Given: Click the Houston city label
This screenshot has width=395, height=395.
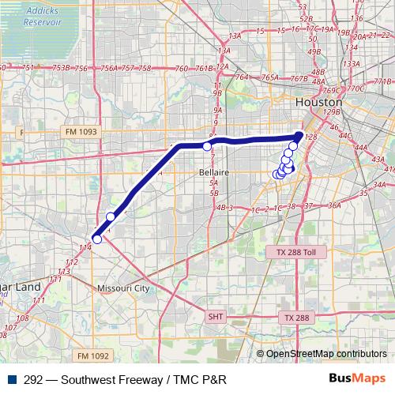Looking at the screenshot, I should pos(318,103).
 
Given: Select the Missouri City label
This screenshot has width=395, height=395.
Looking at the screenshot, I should pos(123,288).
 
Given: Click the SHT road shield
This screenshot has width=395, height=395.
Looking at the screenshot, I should pos(216,316).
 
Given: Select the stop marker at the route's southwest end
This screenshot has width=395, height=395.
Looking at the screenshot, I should pos(96,239).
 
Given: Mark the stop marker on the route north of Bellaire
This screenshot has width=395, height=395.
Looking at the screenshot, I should pos(207,146).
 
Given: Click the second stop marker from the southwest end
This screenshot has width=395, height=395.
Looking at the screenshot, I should pos(111,216).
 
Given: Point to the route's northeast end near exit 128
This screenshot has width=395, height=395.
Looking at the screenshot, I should pos(299,136).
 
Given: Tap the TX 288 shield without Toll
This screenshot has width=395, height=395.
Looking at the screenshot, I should pos(297,317).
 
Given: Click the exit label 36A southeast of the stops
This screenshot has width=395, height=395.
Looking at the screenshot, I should pos(334,205).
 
